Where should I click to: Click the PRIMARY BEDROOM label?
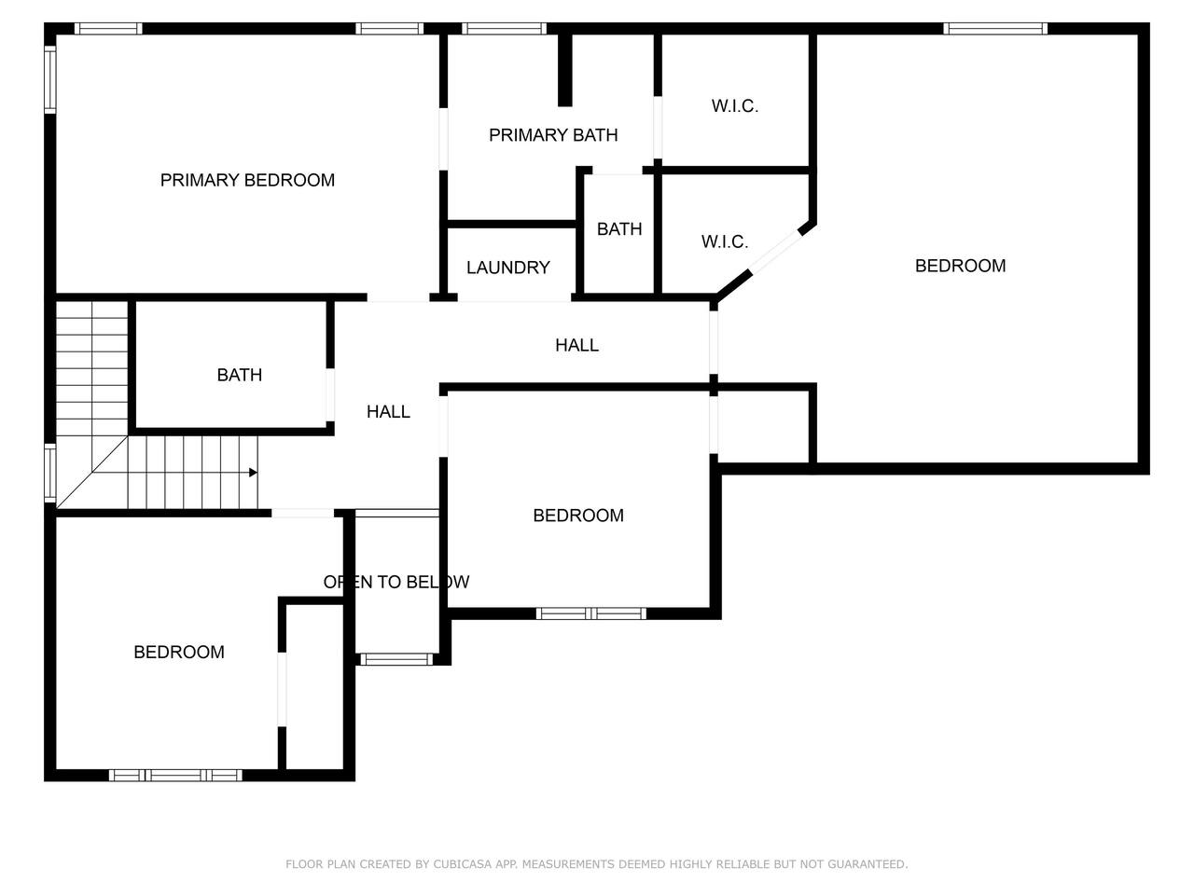click(247, 180)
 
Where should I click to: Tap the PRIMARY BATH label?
click(553, 135)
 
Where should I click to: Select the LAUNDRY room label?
click(508, 268)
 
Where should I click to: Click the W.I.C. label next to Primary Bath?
click(734, 106)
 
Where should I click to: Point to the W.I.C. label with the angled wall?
click(725, 241)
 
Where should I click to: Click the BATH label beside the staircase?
click(240, 375)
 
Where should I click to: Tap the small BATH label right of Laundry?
click(619, 229)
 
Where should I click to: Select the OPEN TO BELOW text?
click(396, 582)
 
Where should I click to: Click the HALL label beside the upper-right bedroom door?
click(576, 345)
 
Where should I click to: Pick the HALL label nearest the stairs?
click(388, 412)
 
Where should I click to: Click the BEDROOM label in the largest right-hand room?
click(960, 266)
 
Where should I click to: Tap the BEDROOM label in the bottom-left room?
click(179, 652)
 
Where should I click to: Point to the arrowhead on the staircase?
click(253, 473)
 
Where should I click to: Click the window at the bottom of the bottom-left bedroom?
click(175, 776)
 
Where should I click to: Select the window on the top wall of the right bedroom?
click(995, 29)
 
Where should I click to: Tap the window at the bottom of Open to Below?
click(396, 659)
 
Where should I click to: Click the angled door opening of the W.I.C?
click(776, 251)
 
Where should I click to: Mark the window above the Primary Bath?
click(505, 29)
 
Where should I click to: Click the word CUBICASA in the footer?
click(463, 864)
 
